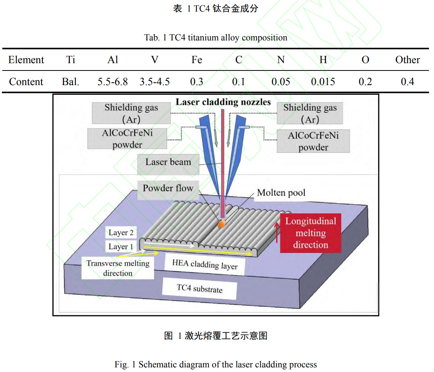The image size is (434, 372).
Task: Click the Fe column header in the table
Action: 196,60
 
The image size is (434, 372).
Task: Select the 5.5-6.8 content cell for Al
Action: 112,82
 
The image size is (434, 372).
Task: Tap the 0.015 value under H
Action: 323,82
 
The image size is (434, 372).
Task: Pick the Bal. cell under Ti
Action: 70,82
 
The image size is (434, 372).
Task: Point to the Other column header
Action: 407,60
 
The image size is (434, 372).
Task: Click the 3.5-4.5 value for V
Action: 154,82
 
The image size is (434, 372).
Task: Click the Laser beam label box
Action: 168,163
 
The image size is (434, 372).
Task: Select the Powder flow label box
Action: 168,189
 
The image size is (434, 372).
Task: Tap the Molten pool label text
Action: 281,193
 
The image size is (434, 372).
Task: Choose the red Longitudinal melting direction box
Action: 310,233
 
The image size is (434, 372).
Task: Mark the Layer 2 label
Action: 121,233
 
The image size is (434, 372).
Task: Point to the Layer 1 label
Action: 121,246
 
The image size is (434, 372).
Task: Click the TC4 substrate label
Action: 199,288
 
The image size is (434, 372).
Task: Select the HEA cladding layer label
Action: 204,265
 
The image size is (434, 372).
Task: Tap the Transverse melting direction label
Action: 117,268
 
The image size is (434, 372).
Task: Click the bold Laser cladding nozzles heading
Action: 223,102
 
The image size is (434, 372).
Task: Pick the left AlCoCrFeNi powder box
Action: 127,139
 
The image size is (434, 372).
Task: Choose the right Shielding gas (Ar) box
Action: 310,113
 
